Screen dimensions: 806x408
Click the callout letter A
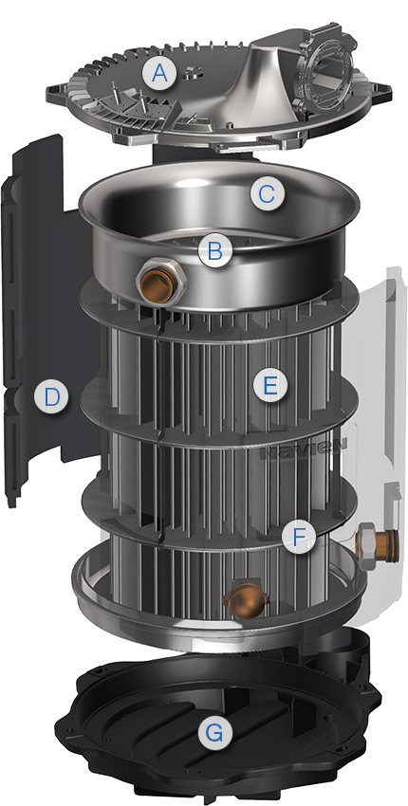158,73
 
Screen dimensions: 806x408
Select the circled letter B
214,251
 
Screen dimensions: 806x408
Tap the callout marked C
267,194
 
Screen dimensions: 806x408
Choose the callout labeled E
270,386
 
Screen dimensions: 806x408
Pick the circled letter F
299,538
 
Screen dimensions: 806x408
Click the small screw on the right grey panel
388,487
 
